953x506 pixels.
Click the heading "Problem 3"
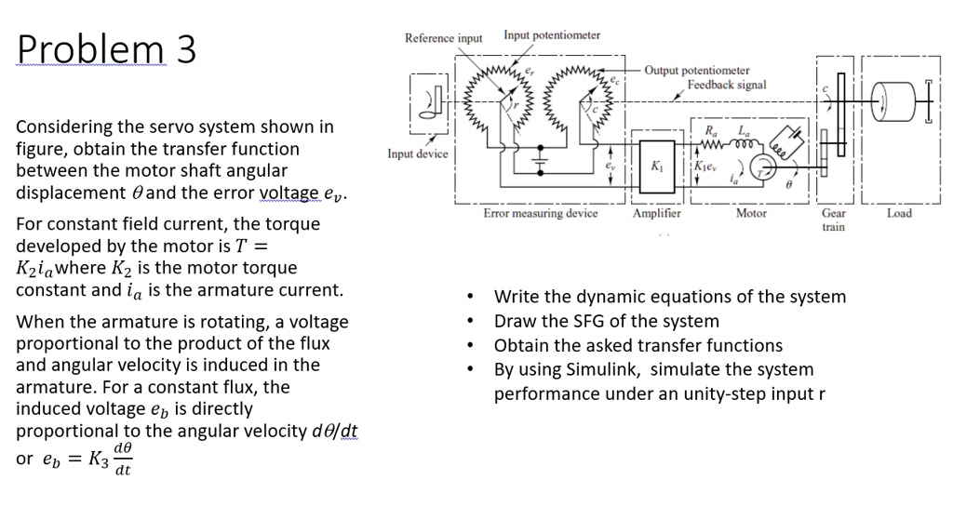tap(106, 48)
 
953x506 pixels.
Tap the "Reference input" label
tap(444, 38)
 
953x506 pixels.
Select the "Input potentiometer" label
tap(552, 35)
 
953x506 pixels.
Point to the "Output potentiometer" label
tap(697, 71)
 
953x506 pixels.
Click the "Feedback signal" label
tap(727, 85)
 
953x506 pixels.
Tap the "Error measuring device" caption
tap(541, 214)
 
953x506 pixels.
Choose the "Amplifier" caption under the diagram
tap(656, 214)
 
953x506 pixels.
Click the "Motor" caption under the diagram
tap(751, 214)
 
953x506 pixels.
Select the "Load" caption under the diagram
tap(900, 214)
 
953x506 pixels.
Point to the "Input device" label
tap(418, 153)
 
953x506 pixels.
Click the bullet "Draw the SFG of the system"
tap(606, 321)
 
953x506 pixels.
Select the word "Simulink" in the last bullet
tap(603, 369)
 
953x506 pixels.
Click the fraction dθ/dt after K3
tap(122, 459)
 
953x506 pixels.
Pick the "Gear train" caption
tap(834, 220)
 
